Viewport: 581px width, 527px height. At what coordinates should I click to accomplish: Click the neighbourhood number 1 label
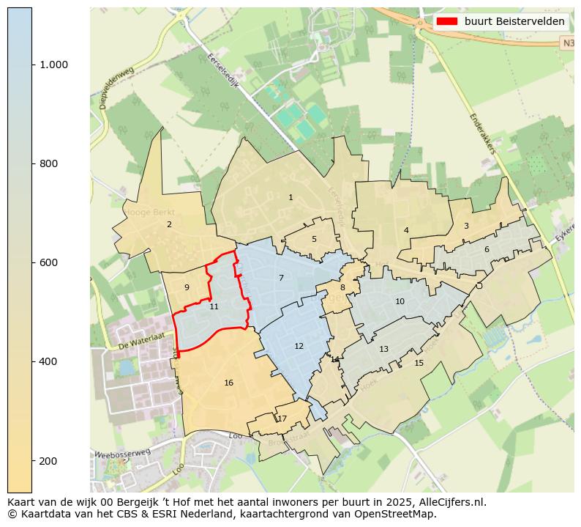(290, 197)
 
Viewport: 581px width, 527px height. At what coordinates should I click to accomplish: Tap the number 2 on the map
(169, 224)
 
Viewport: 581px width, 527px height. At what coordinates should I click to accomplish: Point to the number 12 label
(299, 346)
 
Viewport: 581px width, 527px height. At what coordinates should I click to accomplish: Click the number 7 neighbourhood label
(281, 278)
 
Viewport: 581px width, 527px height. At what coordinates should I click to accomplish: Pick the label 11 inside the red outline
(214, 306)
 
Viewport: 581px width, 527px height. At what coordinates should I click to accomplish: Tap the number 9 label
(187, 287)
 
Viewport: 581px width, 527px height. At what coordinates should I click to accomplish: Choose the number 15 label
(419, 363)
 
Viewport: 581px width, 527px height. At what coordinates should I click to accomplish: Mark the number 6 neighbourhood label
(487, 249)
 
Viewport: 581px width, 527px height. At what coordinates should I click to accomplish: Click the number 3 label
(466, 226)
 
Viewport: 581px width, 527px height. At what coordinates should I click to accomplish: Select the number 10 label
(400, 301)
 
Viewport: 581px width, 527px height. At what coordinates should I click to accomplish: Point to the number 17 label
(282, 419)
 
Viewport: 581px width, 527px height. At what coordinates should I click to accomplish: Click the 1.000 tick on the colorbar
(54, 65)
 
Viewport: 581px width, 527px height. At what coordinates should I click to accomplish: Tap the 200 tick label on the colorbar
(49, 460)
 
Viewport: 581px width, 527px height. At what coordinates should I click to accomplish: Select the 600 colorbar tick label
(49, 262)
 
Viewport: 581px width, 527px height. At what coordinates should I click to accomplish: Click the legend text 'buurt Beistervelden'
(514, 21)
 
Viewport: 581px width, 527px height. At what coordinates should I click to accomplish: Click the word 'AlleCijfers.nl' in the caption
(453, 502)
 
